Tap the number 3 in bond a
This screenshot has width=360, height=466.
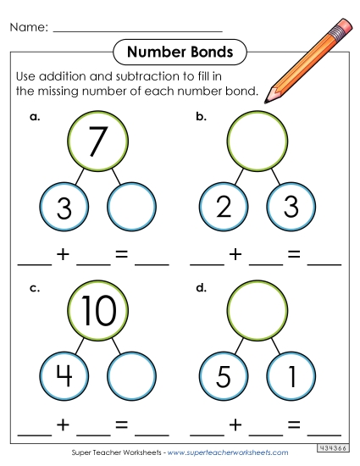[64, 208]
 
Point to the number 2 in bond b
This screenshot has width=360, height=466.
[224, 208]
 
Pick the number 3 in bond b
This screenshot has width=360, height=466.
[290, 208]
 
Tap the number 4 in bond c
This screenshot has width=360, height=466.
[64, 377]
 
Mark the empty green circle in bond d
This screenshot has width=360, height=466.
[257, 311]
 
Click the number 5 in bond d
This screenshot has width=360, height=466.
[224, 377]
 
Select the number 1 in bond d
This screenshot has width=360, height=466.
[290, 377]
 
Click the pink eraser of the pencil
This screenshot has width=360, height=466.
[344, 26]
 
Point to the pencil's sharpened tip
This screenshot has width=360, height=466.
[270, 97]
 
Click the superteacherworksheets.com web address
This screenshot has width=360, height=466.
[238, 453]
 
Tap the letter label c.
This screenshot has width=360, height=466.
[35, 288]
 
